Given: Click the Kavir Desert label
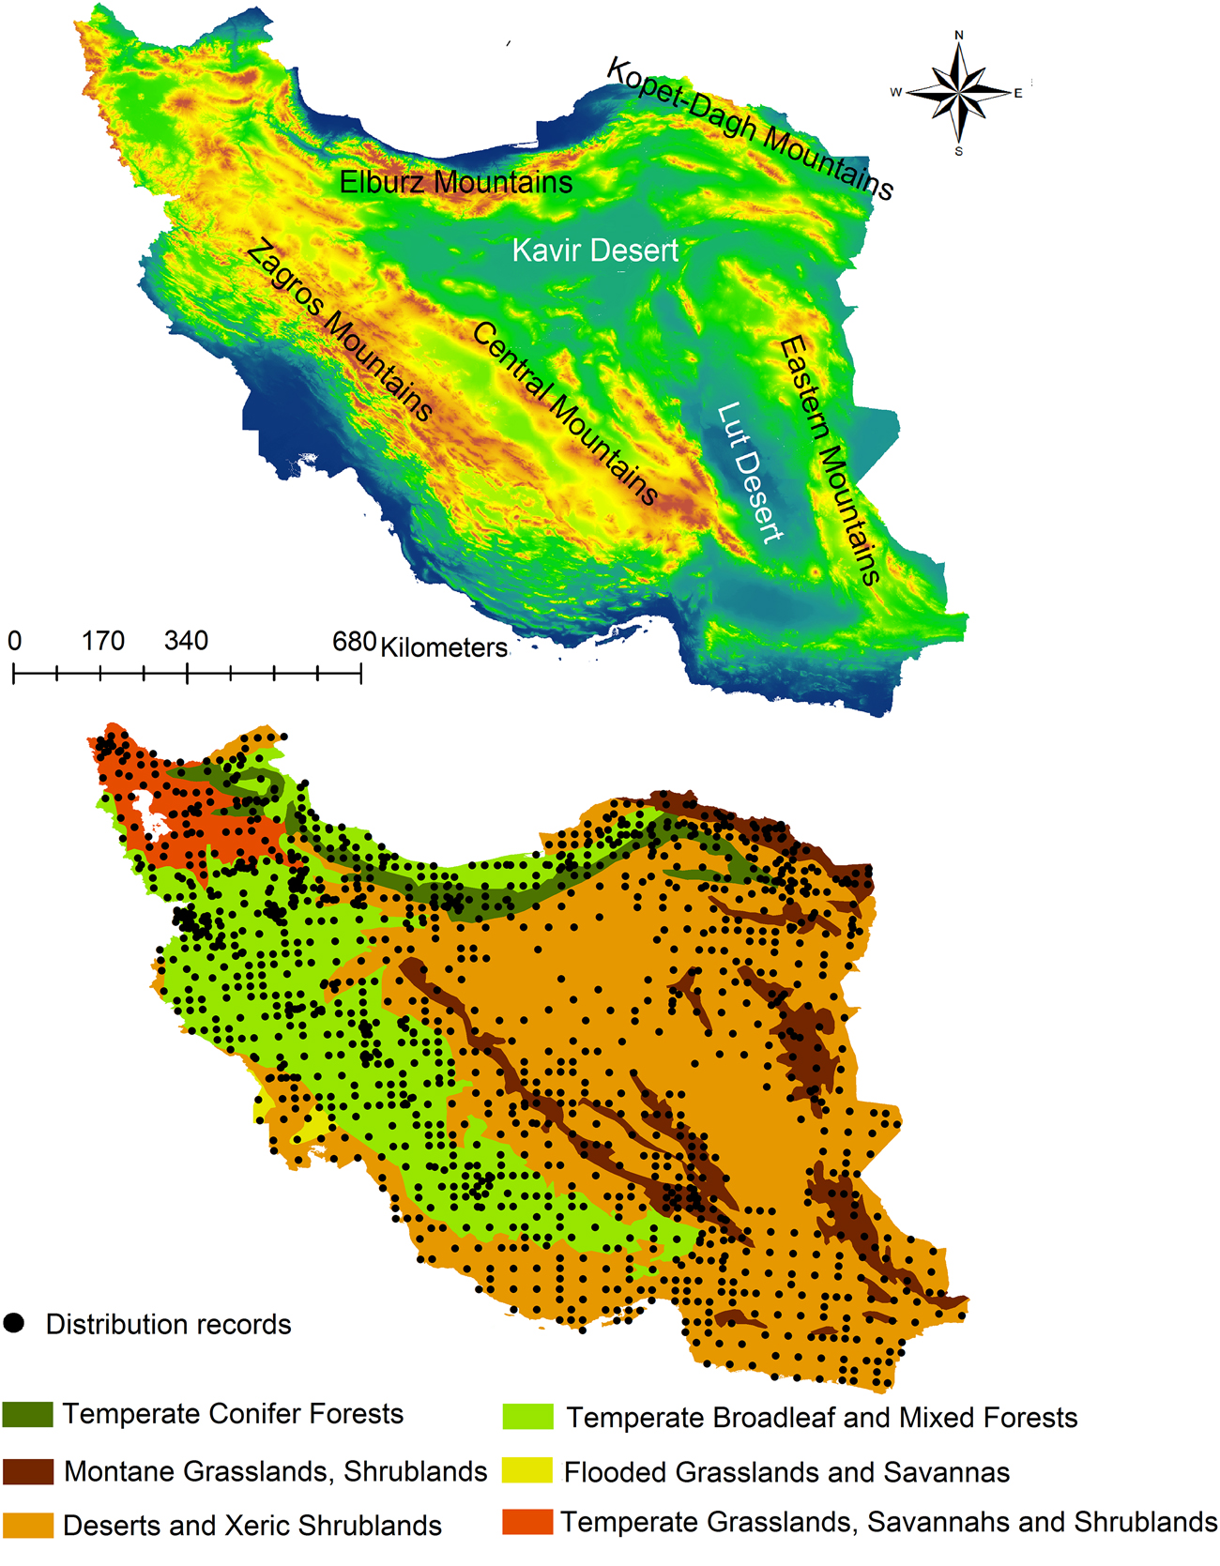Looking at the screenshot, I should (x=595, y=251).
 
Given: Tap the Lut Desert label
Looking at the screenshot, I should (x=749, y=472).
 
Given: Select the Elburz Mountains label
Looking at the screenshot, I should (x=455, y=182).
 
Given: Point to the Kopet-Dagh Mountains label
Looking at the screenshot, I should (x=750, y=129).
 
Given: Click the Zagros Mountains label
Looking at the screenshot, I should (x=340, y=330).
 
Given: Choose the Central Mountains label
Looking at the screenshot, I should (x=564, y=413).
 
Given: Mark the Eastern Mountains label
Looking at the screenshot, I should (x=830, y=460).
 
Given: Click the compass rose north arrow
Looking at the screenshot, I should (x=959, y=56).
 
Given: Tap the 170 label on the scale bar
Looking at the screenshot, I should (x=102, y=641).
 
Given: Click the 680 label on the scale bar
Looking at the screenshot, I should (x=354, y=641).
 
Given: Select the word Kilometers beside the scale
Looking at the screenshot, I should (x=443, y=647).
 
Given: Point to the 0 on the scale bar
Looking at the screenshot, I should (x=14, y=641).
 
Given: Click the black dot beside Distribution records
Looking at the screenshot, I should (x=14, y=1323).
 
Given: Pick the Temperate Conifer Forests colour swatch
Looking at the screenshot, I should (x=27, y=1414).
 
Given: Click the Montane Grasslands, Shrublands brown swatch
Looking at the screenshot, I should (x=27, y=1471).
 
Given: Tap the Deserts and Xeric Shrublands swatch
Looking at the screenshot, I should (x=27, y=1525).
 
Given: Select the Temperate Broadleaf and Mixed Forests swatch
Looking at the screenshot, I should (x=527, y=1416).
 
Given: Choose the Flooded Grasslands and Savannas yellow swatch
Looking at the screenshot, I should (x=527, y=1471).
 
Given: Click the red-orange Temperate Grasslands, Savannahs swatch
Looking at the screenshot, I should (x=527, y=1521).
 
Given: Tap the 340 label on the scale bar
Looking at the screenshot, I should (x=186, y=641).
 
